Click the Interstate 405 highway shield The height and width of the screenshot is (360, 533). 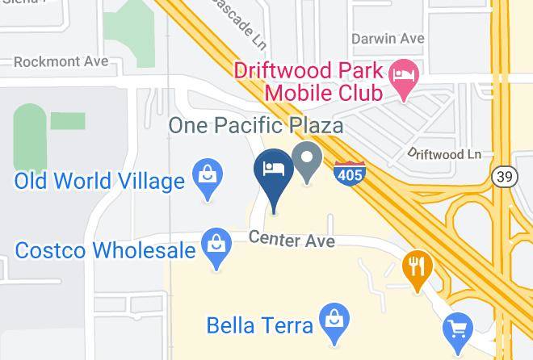pos(349,173)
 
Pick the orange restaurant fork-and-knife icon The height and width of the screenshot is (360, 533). pos(417,270)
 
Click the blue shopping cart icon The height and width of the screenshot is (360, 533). pos(457,329)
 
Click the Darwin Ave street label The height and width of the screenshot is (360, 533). pos(388,38)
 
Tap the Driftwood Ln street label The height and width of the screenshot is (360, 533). pos(444,153)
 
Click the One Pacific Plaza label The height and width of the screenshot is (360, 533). pos(255,125)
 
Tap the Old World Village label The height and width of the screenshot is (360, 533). pos(99,181)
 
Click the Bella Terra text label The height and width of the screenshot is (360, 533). pos(259,326)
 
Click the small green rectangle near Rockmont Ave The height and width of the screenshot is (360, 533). pos(68,121)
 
